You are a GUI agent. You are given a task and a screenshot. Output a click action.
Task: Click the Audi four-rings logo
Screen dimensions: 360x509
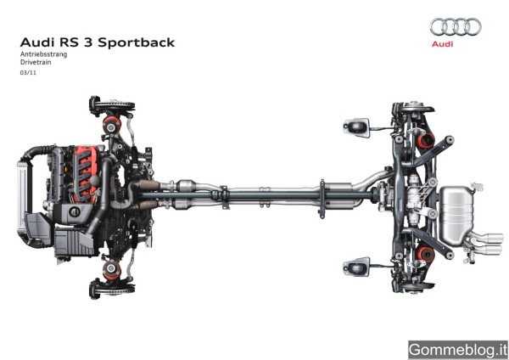(x=455, y=26)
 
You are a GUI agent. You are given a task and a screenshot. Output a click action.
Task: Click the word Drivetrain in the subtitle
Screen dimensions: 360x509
(x=35, y=64)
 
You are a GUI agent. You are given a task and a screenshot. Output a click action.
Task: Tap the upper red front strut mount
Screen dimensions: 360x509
(x=109, y=127)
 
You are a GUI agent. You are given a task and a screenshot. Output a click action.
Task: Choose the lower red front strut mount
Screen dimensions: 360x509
(x=109, y=270)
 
